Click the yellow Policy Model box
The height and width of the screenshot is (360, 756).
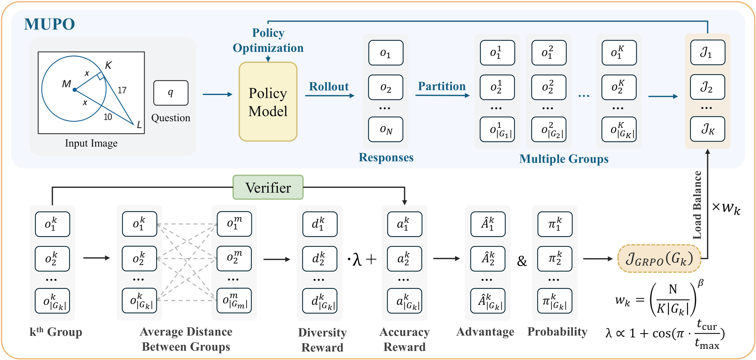268,102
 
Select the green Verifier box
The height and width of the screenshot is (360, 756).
268,188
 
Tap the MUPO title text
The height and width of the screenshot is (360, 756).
49,24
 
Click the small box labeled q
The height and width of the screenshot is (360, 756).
171,93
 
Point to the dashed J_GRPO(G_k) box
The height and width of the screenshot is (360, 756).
659,259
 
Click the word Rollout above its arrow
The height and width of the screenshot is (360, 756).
329,87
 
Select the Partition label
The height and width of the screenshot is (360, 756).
442,86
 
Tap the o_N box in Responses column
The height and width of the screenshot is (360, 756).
386,129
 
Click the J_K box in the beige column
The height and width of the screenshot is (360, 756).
707,129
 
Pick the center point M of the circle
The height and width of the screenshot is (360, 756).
74,90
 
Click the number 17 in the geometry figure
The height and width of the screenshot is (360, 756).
122,90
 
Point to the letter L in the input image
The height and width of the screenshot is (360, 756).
139,124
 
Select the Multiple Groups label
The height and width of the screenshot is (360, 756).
564,159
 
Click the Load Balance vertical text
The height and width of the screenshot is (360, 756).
697,205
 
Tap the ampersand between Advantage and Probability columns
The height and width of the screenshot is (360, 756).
522,261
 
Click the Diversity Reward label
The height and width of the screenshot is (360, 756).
322,340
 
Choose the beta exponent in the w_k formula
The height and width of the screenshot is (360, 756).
701,283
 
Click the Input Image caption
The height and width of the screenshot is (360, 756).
91,143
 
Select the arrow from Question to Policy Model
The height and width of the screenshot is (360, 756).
217,94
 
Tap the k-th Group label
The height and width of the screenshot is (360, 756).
56,332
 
